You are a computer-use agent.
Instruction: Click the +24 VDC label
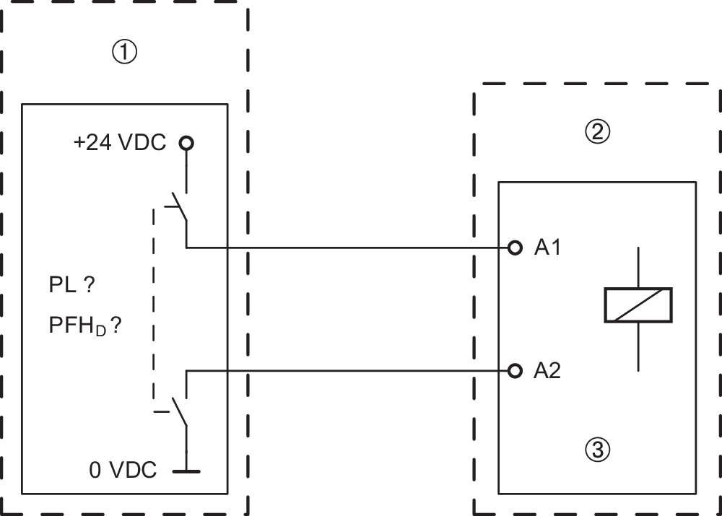pos(119,143)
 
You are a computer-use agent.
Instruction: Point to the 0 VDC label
pos(123,471)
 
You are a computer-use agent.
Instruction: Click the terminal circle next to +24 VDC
pos(187,143)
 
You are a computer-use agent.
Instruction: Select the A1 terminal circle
pos(514,248)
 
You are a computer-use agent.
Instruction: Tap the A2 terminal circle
pos(514,371)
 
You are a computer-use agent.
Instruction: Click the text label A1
pos(547,248)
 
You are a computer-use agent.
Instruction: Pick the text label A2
pos(547,371)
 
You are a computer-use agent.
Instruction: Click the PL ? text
pos(71,286)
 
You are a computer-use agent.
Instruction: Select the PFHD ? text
pos(84,326)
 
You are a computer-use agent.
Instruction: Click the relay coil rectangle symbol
pos(638,305)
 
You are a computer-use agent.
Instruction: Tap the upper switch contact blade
pos(180,207)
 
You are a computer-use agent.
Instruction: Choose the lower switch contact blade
pos(180,412)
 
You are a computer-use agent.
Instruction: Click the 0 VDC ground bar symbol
pos(187,471)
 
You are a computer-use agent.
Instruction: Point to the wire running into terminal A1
pos(347,248)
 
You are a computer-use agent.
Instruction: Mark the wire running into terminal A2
pos(347,371)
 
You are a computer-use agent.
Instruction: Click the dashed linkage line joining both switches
pos(154,303)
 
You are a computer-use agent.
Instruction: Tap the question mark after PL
pos(90,286)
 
